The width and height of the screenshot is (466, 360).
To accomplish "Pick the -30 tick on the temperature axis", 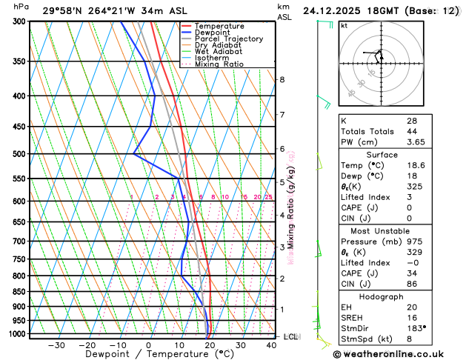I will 56,345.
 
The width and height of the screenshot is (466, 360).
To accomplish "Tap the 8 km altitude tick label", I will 282,79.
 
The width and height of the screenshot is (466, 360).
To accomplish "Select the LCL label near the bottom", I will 290,336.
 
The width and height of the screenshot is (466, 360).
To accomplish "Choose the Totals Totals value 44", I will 411,131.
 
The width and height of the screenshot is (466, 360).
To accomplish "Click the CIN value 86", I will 411,284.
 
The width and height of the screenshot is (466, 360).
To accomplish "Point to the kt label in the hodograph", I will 344,24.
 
